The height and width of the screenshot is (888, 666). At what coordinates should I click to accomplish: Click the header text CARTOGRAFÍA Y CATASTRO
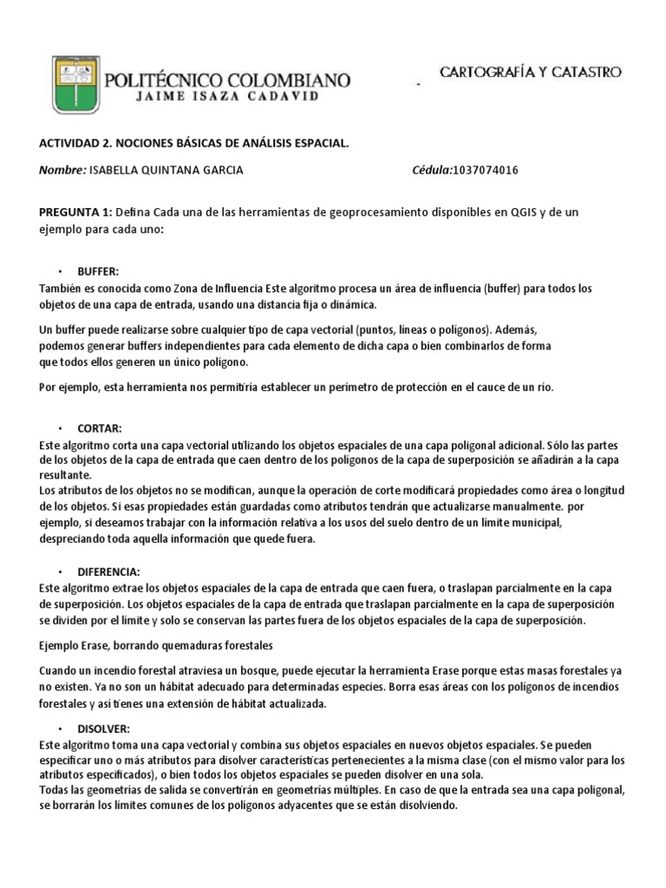[x=531, y=73]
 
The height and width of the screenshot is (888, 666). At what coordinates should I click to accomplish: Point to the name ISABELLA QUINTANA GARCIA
[x=166, y=170]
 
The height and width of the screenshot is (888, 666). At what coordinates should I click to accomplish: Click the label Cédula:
[x=432, y=170]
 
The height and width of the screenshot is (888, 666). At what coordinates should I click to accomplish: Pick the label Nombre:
[x=62, y=170]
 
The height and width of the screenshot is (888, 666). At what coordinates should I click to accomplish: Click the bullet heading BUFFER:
[x=97, y=271]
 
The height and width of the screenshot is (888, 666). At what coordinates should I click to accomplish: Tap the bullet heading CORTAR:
[x=100, y=428]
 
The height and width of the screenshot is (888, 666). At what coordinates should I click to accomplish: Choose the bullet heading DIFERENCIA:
[x=108, y=571]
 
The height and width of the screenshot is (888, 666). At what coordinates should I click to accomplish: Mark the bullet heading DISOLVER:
[x=103, y=728]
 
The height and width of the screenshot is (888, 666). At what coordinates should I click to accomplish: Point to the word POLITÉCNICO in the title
[x=165, y=81]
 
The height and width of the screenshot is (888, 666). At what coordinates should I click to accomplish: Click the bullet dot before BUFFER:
[x=61, y=271]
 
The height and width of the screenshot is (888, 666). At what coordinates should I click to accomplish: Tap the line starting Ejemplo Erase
[x=155, y=646]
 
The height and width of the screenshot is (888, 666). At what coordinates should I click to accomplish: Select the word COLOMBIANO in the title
[x=290, y=81]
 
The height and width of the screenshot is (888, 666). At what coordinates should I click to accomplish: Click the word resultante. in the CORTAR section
[x=65, y=476]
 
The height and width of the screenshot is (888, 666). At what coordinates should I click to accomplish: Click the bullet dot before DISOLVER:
[x=61, y=728]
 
